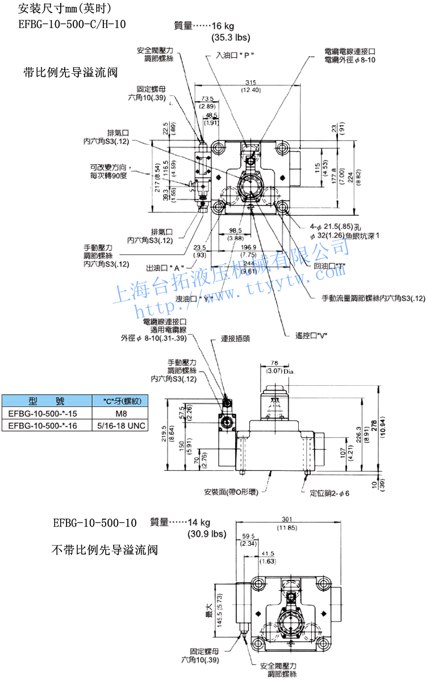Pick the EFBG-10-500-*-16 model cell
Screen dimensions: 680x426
(47, 425)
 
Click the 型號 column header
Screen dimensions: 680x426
(47, 401)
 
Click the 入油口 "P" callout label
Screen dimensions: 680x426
(235, 56)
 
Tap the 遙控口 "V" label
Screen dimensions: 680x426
(312, 336)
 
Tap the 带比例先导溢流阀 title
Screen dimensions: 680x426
(72, 73)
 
